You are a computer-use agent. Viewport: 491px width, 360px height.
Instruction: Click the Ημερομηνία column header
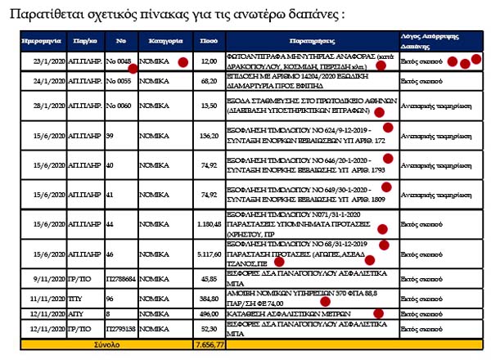38,39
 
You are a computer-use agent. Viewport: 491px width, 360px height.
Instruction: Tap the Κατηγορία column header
160,39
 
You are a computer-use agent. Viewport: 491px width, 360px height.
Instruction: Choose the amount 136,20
209,136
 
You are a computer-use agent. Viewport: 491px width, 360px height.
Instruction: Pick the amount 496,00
209,314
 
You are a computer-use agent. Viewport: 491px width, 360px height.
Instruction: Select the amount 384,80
209,299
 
